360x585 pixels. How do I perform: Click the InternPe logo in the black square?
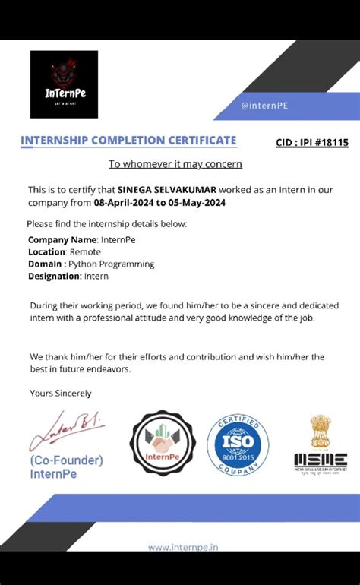[x=64, y=84]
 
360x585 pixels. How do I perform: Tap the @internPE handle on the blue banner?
[x=264, y=106]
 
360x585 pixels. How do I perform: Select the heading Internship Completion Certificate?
[x=128, y=141]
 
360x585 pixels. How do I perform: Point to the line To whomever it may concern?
[x=175, y=163]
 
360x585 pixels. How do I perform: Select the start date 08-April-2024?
[x=123, y=203]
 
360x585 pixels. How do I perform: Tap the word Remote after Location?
[x=85, y=251]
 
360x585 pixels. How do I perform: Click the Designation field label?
[x=54, y=276]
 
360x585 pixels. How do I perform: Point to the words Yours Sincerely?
[x=61, y=393]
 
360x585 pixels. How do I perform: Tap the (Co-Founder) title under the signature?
[x=67, y=460]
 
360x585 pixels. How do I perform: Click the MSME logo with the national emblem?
[x=320, y=443]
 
